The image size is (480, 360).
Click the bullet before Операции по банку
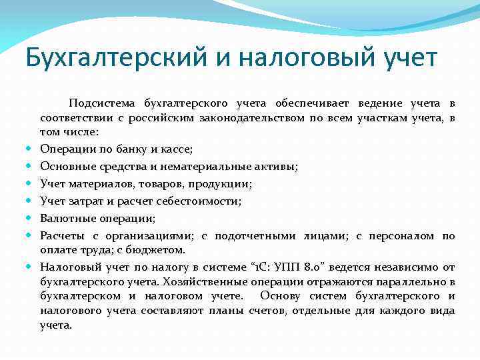(31, 148)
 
